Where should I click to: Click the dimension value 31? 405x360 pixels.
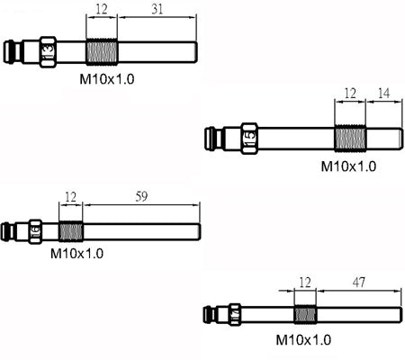pos(157,9)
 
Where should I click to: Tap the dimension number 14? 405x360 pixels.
pos(383,94)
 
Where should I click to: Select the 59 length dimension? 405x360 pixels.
pos(141,196)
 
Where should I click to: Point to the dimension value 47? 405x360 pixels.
pos(359,283)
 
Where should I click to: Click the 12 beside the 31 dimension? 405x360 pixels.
pos(102,9)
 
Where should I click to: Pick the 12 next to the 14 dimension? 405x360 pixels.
pos(350,94)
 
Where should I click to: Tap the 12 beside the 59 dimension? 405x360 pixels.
pos(70,197)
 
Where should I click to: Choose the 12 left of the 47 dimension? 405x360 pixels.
pos(305,283)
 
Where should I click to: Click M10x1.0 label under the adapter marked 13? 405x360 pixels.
pos(107,79)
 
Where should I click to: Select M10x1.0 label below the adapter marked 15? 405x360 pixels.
pos(348,166)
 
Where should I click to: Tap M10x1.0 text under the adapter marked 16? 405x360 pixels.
pos(76,254)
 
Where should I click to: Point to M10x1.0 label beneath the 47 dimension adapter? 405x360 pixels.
pos(303,340)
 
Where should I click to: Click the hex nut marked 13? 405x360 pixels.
pos(48,52)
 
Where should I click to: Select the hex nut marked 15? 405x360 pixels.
pos(249,139)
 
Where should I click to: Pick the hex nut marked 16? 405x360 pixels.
pos(35,231)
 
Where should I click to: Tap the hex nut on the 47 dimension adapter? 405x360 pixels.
pos(235,315)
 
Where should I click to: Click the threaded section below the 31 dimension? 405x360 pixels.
pos(102,52)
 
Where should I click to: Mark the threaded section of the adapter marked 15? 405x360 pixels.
pos(350,139)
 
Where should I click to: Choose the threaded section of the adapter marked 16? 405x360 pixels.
pos(71,231)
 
